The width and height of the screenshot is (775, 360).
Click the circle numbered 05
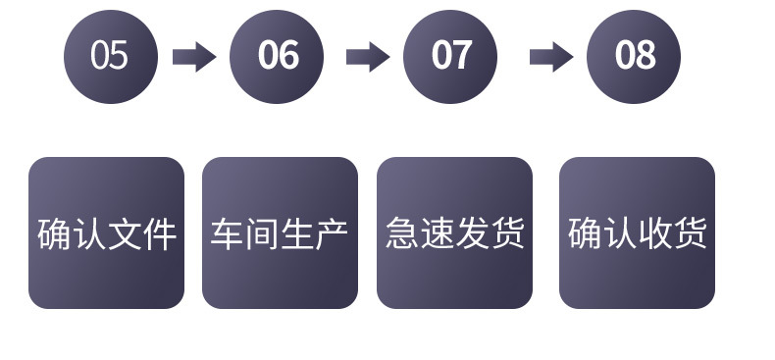pyautogui.click(x=110, y=57)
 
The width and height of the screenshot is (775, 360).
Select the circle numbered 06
pyautogui.click(x=277, y=57)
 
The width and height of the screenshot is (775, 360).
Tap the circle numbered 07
pyautogui.click(x=450, y=57)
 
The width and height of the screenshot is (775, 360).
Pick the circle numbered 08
pyautogui.click(x=634, y=57)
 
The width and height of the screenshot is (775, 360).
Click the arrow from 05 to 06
pyautogui.click(x=193, y=57)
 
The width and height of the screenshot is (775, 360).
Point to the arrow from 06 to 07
pyautogui.click(x=367, y=57)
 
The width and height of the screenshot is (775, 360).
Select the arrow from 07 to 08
pyautogui.click(x=550, y=57)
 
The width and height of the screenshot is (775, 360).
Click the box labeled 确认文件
pyautogui.click(x=106, y=233)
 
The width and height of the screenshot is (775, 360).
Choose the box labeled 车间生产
pyautogui.click(x=280, y=233)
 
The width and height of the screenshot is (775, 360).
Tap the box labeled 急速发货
pyautogui.click(x=454, y=233)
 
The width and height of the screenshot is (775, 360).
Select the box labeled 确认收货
pyautogui.click(x=637, y=233)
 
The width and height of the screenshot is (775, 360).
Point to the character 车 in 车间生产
pyautogui.click(x=228, y=234)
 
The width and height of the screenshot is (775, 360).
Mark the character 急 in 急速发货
pyautogui.click(x=402, y=234)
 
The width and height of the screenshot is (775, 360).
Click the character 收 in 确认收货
pyautogui.click(x=654, y=234)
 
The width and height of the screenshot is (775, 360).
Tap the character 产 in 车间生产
pyautogui.click(x=333, y=234)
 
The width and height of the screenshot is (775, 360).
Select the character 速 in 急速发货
pyautogui.click(x=437, y=234)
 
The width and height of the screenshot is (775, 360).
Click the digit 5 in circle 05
pyautogui.click(x=119, y=57)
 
